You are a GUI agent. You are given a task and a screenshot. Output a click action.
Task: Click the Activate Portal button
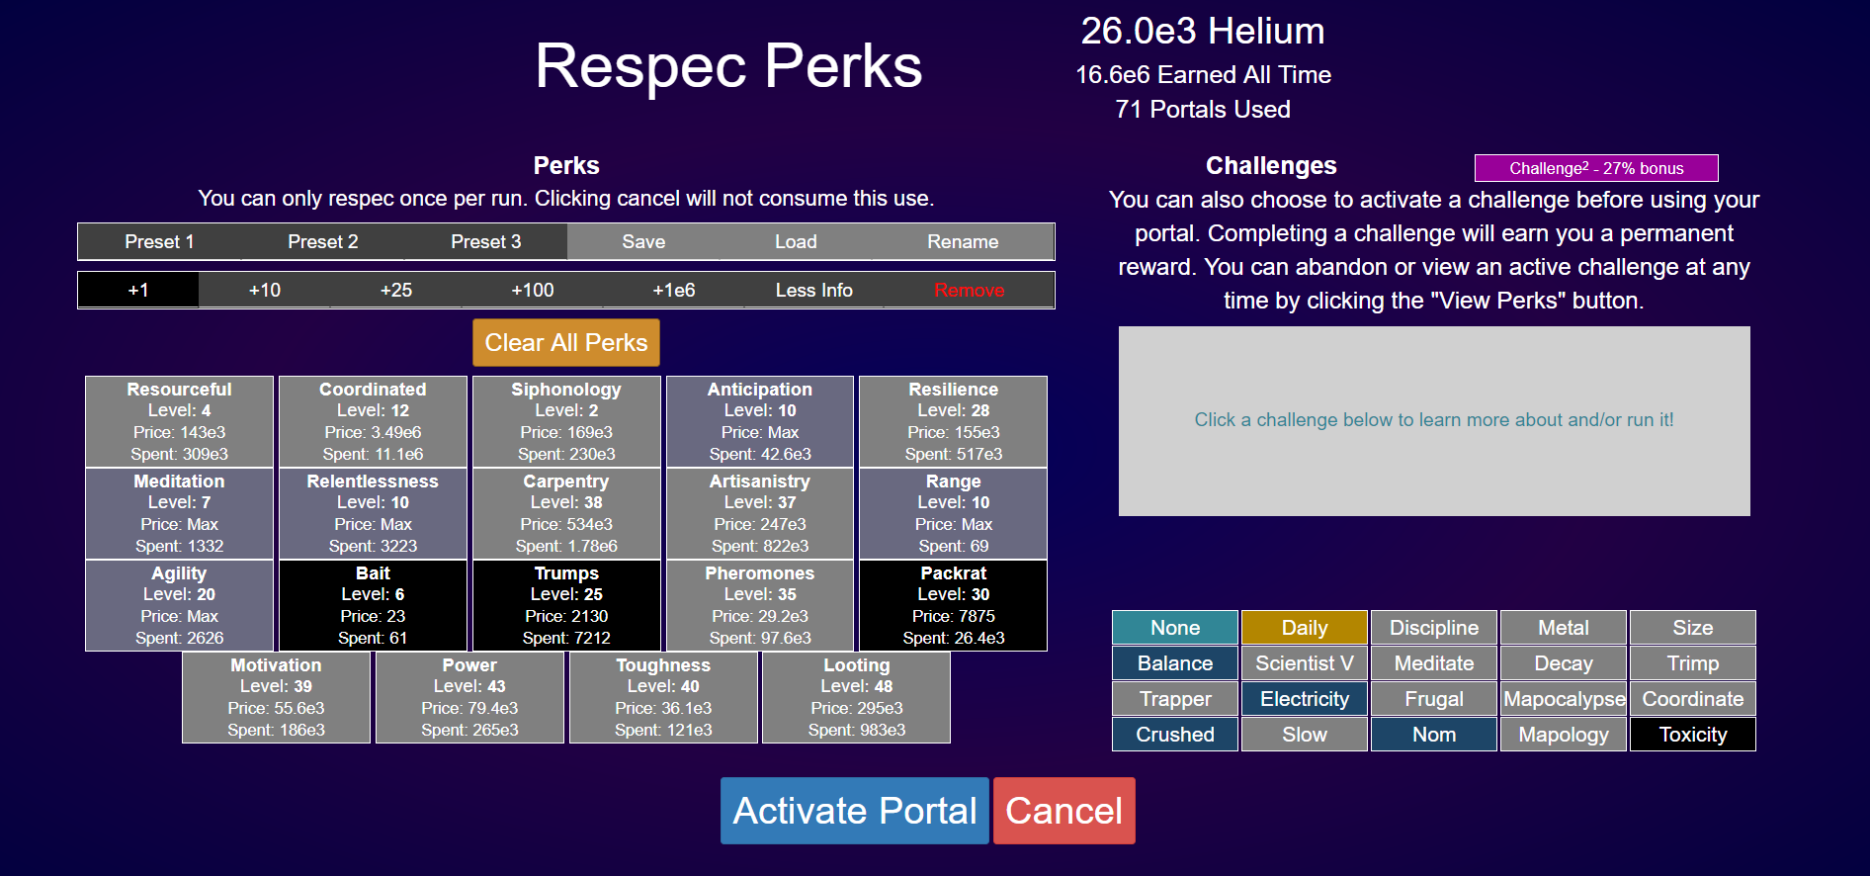tap(854, 811)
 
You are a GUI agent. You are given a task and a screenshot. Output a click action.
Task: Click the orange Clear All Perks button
tap(566, 342)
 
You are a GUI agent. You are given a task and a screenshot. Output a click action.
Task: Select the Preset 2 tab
tap(323, 241)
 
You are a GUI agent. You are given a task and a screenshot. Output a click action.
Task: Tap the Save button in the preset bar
tap(643, 241)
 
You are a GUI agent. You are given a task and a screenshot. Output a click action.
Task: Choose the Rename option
tap(963, 241)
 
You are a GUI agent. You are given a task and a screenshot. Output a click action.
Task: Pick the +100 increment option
tap(533, 290)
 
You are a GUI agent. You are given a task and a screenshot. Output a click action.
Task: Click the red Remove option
tap(970, 290)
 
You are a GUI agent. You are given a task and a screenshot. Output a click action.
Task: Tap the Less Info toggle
tap(814, 290)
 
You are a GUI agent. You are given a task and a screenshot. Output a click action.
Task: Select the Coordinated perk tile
tap(373, 421)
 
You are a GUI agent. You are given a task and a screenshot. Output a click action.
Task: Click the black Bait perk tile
tap(373, 605)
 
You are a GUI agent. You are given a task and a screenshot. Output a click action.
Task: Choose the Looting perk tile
tap(857, 697)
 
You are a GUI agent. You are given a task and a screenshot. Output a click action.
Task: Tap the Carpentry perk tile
tap(566, 513)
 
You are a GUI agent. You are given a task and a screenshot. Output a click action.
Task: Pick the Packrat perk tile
tap(954, 605)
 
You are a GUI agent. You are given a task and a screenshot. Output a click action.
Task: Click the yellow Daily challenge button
tap(1305, 628)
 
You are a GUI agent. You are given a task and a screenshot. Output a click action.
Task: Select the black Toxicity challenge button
tap(1693, 735)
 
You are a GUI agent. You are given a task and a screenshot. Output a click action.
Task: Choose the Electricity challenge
tap(1305, 699)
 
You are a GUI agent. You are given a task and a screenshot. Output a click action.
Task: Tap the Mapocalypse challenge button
tap(1564, 699)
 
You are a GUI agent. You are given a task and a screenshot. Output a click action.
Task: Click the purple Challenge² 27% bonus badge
tap(1596, 168)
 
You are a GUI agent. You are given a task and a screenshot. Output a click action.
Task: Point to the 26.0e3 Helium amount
tap(1203, 31)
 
